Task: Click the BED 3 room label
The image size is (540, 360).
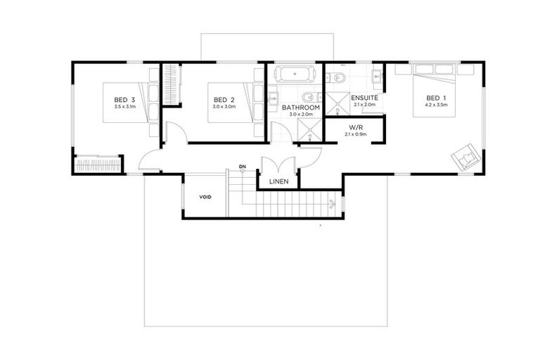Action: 124,100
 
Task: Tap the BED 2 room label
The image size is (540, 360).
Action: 224,100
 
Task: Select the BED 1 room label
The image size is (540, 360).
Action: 437,98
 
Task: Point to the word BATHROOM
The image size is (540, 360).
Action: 301,108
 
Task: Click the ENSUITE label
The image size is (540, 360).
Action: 365,98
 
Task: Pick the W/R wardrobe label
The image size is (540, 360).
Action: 355,127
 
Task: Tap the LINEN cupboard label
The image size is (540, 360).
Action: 279,181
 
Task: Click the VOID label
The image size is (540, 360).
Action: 205,198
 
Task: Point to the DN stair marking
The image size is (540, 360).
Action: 243,167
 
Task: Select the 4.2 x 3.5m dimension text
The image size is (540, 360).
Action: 437,105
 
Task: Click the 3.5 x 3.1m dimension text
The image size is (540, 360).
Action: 125,107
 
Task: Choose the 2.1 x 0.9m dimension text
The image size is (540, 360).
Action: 355,134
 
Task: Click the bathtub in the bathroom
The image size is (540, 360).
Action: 295,74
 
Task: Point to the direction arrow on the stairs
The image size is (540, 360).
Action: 333,204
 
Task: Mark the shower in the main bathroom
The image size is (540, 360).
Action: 310,130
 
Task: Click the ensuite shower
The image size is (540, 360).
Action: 337,103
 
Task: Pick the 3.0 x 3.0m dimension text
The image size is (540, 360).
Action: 224,107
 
